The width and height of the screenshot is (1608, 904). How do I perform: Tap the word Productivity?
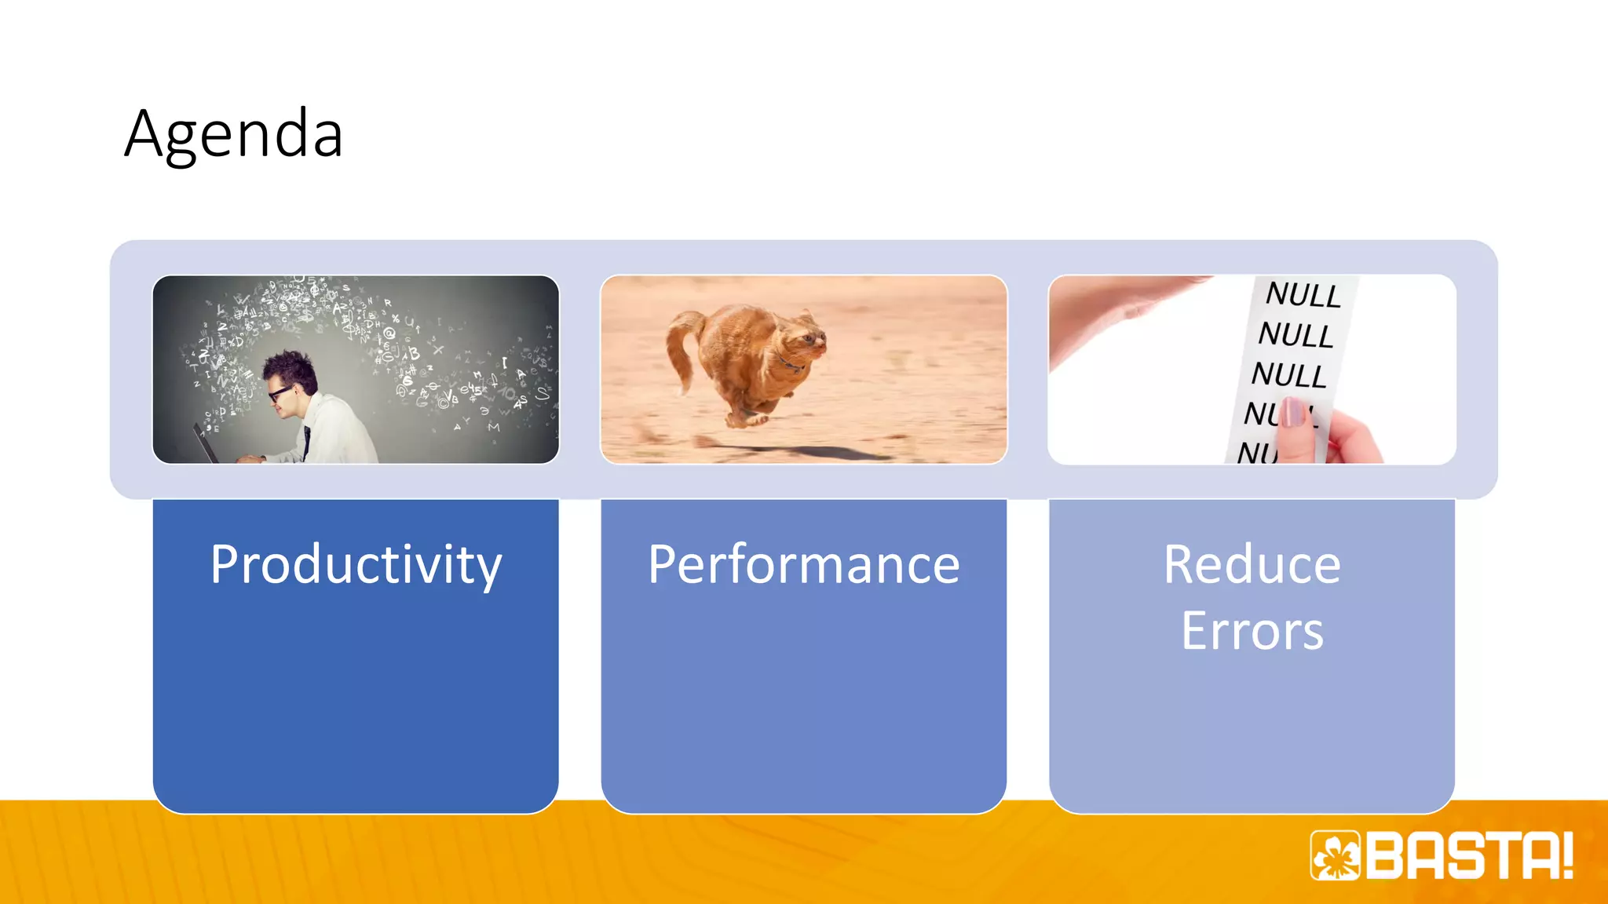[x=356, y=565]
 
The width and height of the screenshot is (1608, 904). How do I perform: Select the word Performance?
[x=803, y=565]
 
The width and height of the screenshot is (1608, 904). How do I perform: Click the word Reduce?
[x=1252, y=565]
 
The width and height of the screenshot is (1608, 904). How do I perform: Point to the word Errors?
[x=1252, y=631]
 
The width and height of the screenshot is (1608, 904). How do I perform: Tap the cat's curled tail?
[x=680, y=345]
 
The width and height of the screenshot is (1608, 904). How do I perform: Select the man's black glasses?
[x=279, y=393]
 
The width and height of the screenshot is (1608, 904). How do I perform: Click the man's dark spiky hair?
[x=291, y=369]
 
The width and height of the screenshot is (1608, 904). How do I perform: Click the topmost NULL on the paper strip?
[x=1303, y=295]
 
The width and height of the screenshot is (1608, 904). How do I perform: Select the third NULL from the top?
[x=1288, y=375]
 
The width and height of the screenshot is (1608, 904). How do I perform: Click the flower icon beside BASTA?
[x=1335, y=855]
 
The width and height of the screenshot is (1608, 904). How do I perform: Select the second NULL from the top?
[x=1296, y=335]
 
